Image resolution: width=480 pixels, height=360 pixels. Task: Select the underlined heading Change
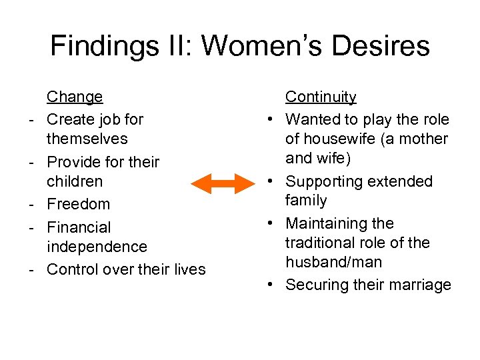pyautogui.click(x=75, y=97)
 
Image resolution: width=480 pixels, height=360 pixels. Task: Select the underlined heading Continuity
pyautogui.click(x=321, y=97)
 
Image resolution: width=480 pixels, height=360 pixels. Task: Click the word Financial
pyautogui.click(x=79, y=227)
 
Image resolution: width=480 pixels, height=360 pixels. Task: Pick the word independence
pyautogui.click(x=97, y=247)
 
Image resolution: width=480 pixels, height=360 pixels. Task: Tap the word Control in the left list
pyautogui.click(x=73, y=269)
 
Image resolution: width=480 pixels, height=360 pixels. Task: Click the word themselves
pyautogui.click(x=87, y=139)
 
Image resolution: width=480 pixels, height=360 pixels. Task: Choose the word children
pyautogui.click(x=75, y=181)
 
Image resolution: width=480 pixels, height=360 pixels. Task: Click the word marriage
pyautogui.click(x=419, y=285)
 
